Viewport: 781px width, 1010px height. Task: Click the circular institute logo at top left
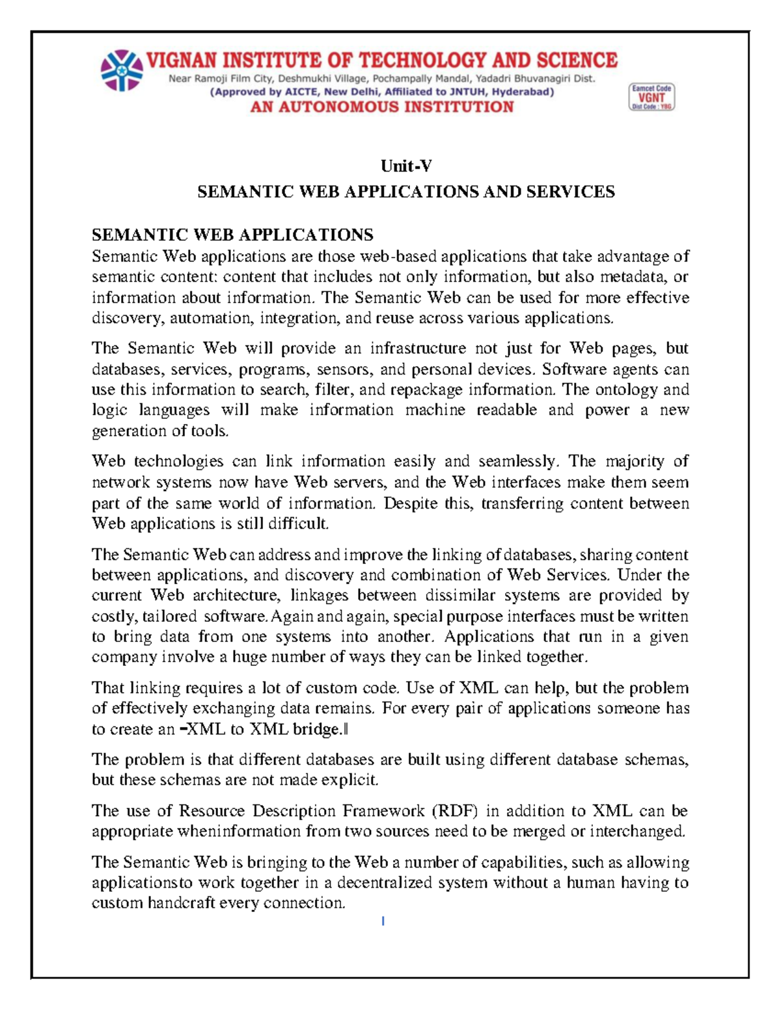click(122, 70)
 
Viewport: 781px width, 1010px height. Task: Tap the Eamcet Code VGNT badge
click(651, 97)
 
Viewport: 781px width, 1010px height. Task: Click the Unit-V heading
click(406, 166)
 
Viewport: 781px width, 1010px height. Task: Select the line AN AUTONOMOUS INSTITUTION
click(382, 107)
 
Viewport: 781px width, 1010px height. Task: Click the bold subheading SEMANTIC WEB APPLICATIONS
click(232, 235)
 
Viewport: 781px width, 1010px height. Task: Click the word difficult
click(300, 524)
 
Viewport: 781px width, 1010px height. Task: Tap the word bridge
click(318, 729)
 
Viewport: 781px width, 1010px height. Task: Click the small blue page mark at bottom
click(383, 921)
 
